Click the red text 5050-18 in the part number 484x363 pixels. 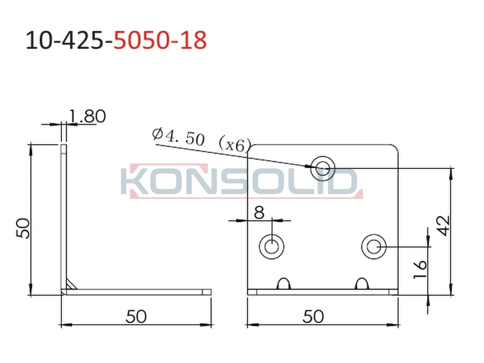pos(160,40)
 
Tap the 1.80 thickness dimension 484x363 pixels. pos(87,117)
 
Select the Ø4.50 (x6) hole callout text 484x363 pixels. pos(201,140)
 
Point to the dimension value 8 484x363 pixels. pos(259,212)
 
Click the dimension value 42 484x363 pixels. pos(444,226)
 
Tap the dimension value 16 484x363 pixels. pos(420,269)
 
